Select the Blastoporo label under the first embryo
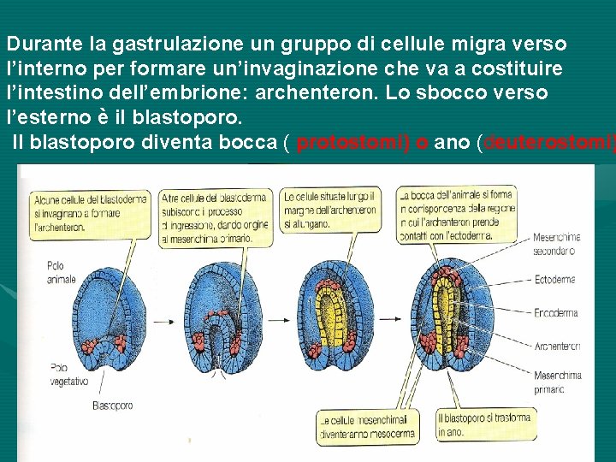pos(114,405)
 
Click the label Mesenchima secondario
pos(555,244)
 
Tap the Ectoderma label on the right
pos(554,279)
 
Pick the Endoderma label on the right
pos(555,313)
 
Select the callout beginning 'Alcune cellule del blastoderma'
pos(88,213)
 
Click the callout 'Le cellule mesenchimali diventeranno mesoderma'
pos(366,427)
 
